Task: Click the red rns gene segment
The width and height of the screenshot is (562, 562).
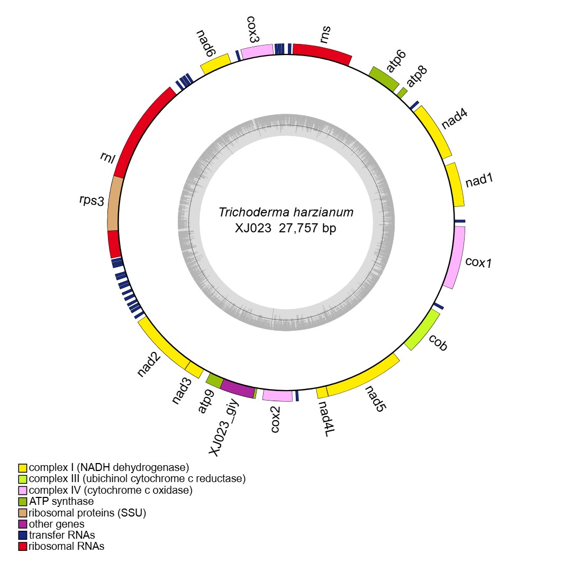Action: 322,52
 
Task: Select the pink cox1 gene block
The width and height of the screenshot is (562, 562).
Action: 455,257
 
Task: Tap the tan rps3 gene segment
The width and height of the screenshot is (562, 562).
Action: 114,204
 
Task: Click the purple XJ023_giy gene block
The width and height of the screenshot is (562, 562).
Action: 238,388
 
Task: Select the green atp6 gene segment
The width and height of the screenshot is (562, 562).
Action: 384,77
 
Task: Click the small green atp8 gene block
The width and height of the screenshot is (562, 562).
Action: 402,92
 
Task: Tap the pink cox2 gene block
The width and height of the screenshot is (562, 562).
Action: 277,395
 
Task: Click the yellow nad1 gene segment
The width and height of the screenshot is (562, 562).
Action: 456,185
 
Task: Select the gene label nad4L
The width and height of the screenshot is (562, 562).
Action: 325,419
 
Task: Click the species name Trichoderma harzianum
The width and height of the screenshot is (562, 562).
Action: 286,213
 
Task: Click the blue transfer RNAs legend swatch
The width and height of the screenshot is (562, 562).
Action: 22,535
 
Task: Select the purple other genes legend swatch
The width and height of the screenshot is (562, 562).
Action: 22,524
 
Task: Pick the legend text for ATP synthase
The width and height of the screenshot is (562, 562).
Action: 61,501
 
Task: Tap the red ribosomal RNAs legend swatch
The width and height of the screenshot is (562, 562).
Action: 22,546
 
